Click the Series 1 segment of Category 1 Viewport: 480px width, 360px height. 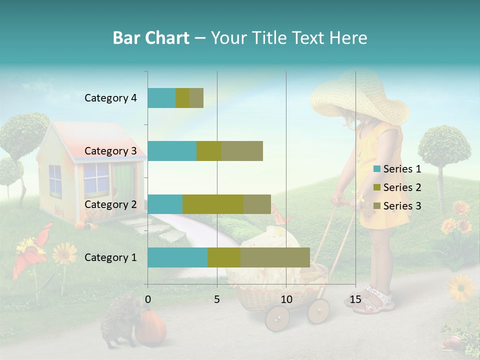click(x=177, y=257)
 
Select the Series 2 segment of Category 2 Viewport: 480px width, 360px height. click(x=213, y=204)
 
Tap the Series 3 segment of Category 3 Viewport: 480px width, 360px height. click(x=242, y=151)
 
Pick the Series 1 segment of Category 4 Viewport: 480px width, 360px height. click(x=161, y=98)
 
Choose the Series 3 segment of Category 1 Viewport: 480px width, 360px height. click(x=275, y=257)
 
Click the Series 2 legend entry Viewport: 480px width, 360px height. click(x=402, y=187)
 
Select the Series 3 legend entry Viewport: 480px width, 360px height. click(x=402, y=205)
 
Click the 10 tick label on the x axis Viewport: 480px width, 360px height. click(x=286, y=299)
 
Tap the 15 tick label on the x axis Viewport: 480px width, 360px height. click(x=355, y=299)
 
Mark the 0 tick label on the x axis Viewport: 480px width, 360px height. click(x=148, y=299)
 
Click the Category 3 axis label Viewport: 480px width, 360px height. click(x=110, y=151)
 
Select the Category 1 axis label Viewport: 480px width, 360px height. click(x=110, y=257)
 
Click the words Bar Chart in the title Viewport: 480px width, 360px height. click(x=151, y=37)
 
